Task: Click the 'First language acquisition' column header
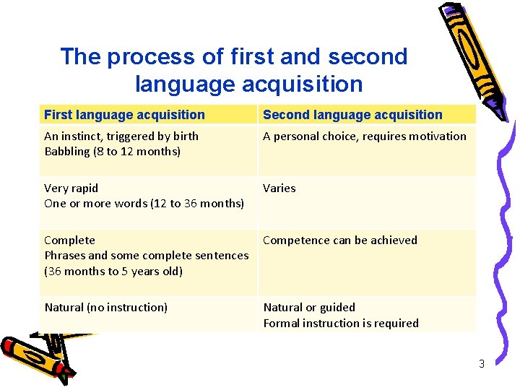point(124,115)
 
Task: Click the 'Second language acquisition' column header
point(352,115)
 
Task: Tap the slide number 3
point(482,364)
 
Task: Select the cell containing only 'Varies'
point(279,188)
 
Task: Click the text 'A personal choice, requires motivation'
point(364,136)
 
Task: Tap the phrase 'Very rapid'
point(71,188)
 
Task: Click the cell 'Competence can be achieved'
point(339,240)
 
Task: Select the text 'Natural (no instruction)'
point(105,308)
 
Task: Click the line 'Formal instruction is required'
point(340,324)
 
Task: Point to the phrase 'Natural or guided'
point(309,308)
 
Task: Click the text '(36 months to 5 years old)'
point(113,272)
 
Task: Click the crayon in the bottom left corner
point(36,354)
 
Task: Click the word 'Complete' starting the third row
point(69,240)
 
